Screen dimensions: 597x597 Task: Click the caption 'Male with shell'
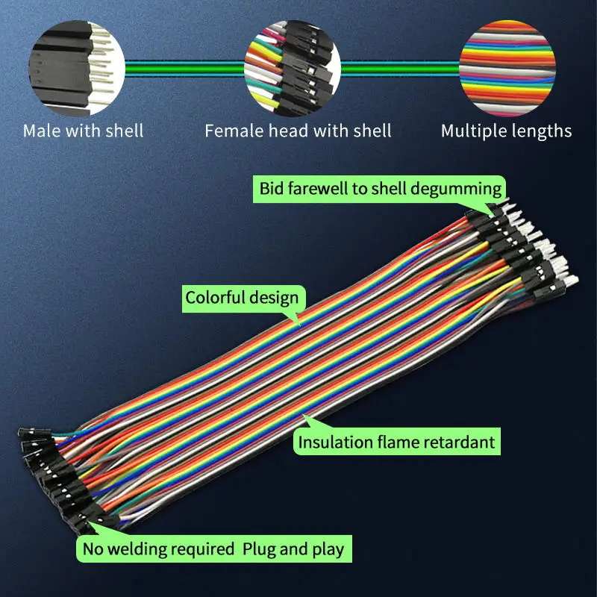pos(83,131)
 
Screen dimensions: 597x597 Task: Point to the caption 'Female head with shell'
pos(298,131)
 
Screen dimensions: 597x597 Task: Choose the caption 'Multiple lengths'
pos(506,131)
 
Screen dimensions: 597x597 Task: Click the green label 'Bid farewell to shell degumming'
pos(381,187)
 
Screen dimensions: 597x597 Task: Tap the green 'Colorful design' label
pos(242,298)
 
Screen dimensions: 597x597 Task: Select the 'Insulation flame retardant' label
pos(396,443)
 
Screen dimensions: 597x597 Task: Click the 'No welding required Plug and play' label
pos(213,550)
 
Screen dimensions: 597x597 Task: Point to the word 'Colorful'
pos(215,298)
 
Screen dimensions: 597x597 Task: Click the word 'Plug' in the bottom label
pos(260,550)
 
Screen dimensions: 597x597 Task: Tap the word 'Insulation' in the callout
pos(334,443)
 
